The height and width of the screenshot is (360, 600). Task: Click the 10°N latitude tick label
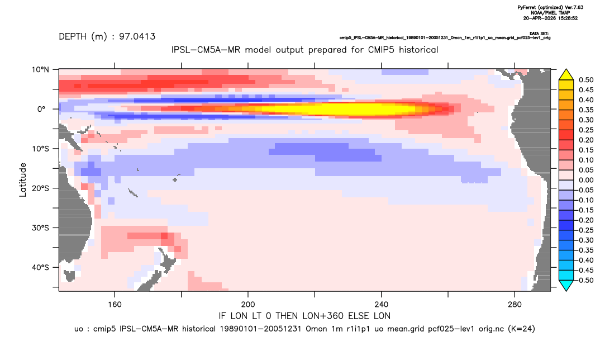(x=40, y=69)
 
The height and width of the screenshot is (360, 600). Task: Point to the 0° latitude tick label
(x=41, y=109)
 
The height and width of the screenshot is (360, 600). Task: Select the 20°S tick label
(x=40, y=188)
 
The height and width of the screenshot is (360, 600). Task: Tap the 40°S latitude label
(x=40, y=267)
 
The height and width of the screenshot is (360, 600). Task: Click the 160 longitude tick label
(x=115, y=305)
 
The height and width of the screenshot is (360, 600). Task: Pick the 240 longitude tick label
(x=381, y=305)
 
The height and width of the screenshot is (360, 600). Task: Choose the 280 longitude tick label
(x=515, y=305)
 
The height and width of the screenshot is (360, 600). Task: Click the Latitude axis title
(x=23, y=180)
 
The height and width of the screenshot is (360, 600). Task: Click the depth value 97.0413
(x=137, y=36)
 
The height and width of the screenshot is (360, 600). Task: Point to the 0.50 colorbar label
(x=586, y=80)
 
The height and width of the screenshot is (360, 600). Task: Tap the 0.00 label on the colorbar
(x=586, y=180)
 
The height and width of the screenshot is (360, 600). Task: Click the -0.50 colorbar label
(x=585, y=280)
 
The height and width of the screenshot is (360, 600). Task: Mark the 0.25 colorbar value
(x=586, y=130)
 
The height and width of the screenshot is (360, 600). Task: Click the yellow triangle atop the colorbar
(x=566, y=75)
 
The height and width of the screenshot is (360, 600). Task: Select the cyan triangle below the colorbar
(x=566, y=285)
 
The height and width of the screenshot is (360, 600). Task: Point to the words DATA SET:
(x=540, y=34)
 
